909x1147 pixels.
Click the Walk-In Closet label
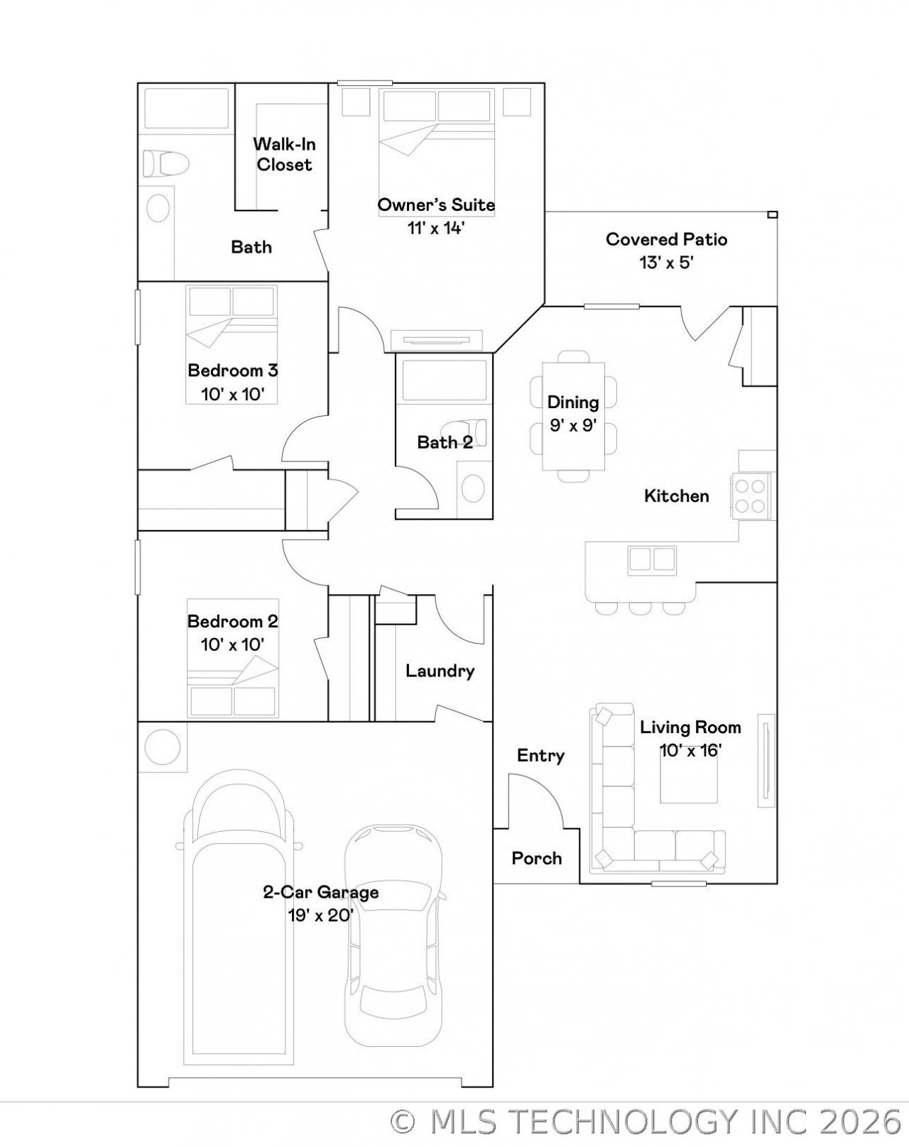284,154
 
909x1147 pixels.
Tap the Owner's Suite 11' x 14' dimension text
436,228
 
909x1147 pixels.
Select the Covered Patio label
666,239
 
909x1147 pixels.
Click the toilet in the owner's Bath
166,163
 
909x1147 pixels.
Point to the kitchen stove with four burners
751,495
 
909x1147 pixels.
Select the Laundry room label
440,671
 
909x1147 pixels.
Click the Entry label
540,755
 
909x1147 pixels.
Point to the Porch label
537,858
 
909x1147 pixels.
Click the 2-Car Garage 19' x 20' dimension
320,915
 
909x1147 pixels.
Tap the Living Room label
690,727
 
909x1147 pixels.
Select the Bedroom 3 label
233,370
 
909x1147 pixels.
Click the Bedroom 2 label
233,621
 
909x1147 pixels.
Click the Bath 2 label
445,442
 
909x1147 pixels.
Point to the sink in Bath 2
473,488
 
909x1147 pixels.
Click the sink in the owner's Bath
158,207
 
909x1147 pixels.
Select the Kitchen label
676,495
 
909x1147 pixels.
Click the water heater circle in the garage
162,747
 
